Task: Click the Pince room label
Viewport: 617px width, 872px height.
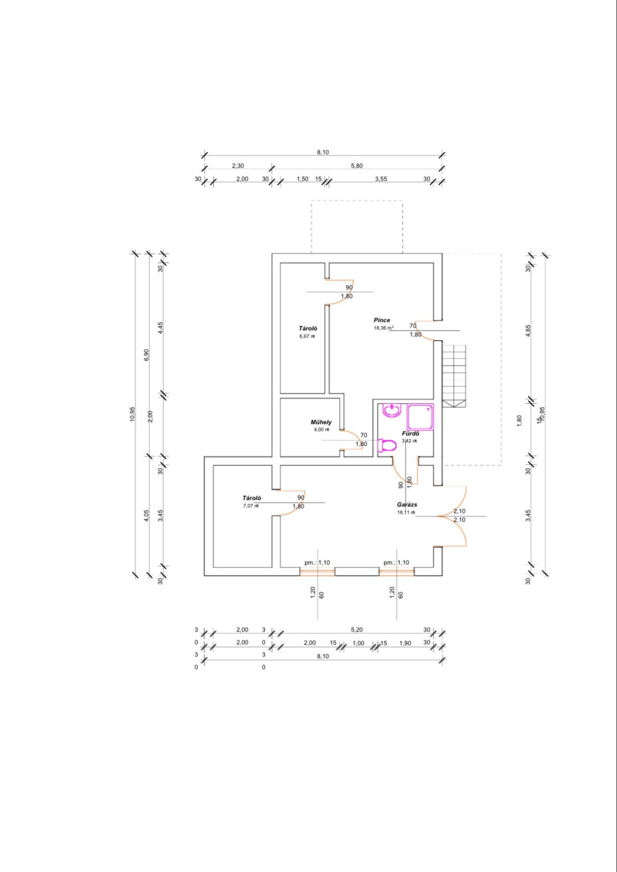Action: point(382,320)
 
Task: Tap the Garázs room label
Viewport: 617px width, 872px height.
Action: point(407,504)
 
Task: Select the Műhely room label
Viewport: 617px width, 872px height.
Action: point(321,422)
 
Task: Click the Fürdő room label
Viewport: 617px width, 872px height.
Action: point(410,433)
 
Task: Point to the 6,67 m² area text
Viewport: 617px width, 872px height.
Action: point(307,336)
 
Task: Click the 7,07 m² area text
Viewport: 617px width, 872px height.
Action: point(251,506)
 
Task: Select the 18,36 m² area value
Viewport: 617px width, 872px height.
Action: point(383,328)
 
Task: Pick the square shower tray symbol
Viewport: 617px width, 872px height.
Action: point(421,416)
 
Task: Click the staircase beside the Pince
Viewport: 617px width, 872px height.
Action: point(454,375)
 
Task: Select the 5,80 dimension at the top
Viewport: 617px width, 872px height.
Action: point(357,166)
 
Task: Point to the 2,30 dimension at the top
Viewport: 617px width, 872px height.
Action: point(237,166)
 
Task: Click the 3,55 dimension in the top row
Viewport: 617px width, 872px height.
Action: point(381,179)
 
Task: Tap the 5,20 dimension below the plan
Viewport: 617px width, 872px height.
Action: point(357,630)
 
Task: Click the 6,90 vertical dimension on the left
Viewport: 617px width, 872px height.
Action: point(146,354)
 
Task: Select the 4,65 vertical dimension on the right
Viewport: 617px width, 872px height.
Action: point(528,330)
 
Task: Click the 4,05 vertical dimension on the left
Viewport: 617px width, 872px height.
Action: point(146,516)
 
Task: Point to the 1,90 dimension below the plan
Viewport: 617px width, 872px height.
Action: point(405,643)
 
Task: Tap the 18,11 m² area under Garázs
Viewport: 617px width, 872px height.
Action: point(406,512)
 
